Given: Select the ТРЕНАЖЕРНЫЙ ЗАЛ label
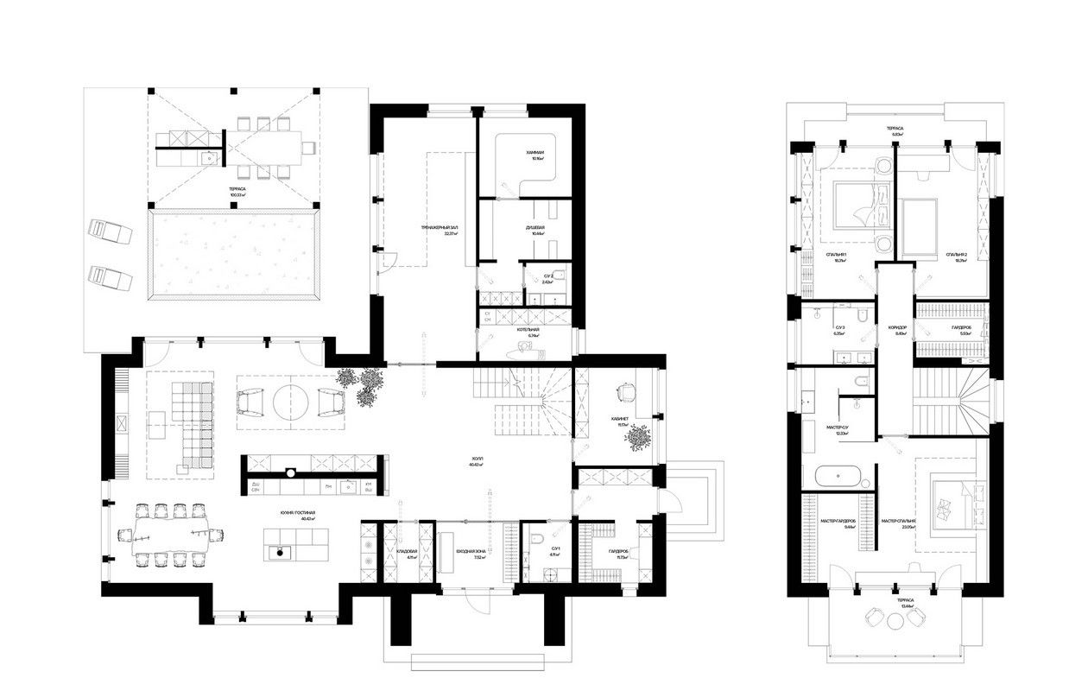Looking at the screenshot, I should pyautogui.click(x=438, y=228).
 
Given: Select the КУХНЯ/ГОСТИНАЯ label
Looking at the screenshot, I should pyautogui.click(x=296, y=514).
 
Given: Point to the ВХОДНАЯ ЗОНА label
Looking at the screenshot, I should pyautogui.click(x=471, y=553).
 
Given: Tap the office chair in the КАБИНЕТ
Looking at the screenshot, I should pyautogui.click(x=629, y=390).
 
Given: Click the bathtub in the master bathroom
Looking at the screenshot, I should pyautogui.click(x=838, y=476).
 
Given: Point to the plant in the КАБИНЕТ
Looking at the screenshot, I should pyautogui.click(x=639, y=438).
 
